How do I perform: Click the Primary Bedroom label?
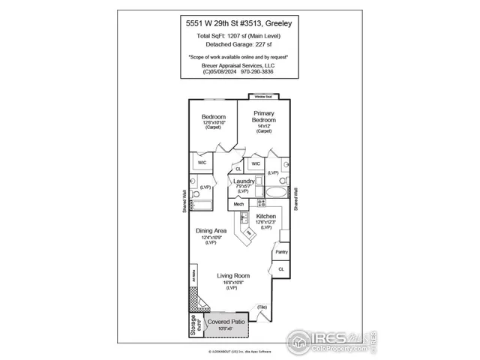click(263, 116)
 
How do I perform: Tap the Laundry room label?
click(243, 181)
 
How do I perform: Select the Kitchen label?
click(266, 216)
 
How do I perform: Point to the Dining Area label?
click(211, 231)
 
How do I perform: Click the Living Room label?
click(232, 276)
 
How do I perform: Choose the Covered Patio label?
click(226, 321)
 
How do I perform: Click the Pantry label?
click(281, 252)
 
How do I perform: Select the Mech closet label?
click(239, 203)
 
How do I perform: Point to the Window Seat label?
click(262, 97)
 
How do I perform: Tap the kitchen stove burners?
click(262, 202)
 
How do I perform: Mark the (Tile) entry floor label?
click(262, 307)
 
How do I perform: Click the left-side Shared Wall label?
click(183, 201)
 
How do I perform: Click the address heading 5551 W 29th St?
click(239, 24)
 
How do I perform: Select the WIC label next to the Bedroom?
click(202, 162)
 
